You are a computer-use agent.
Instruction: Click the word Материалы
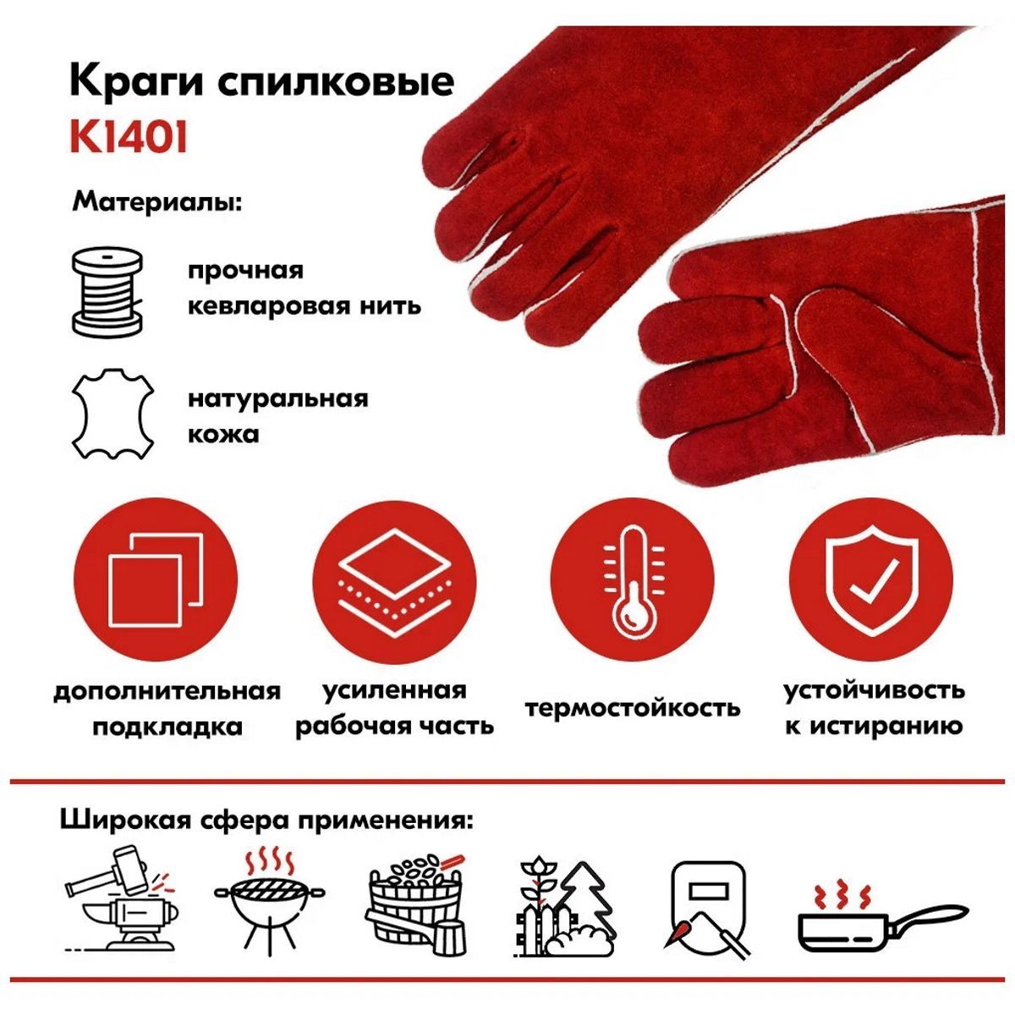(x=157, y=203)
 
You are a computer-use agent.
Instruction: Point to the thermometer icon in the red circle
(x=632, y=581)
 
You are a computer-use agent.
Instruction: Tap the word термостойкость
(x=633, y=708)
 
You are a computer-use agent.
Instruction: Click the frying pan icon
(x=883, y=919)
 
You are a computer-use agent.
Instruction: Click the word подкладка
(x=167, y=727)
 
